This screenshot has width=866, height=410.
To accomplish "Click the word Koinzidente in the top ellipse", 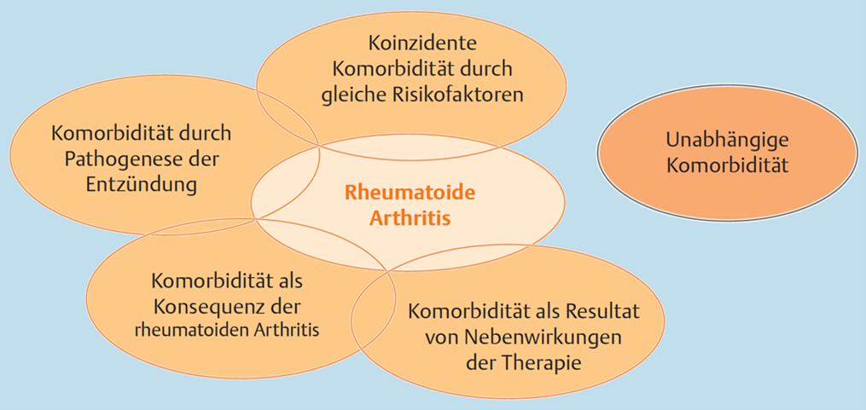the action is (x=412, y=43).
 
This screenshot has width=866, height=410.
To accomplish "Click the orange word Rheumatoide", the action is (x=410, y=193).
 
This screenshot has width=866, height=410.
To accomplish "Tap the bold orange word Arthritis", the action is (x=410, y=218).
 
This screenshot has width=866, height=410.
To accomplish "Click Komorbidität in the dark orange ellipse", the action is (x=727, y=165).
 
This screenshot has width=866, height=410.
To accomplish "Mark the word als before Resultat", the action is (x=549, y=311).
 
